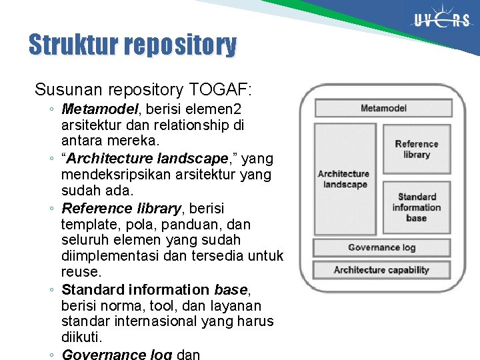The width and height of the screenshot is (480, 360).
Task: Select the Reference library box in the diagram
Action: tap(416, 149)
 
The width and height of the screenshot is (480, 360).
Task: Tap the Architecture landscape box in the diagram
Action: tap(343, 179)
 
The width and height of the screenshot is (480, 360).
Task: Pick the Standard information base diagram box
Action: tap(416, 207)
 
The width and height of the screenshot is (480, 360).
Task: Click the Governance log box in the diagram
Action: tap(381, 247)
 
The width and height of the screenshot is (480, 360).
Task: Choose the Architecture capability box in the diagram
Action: tap(381, 270)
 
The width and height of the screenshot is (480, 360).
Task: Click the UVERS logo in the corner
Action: tap(441, 21)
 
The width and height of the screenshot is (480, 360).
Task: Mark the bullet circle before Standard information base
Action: tap(52, 290)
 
